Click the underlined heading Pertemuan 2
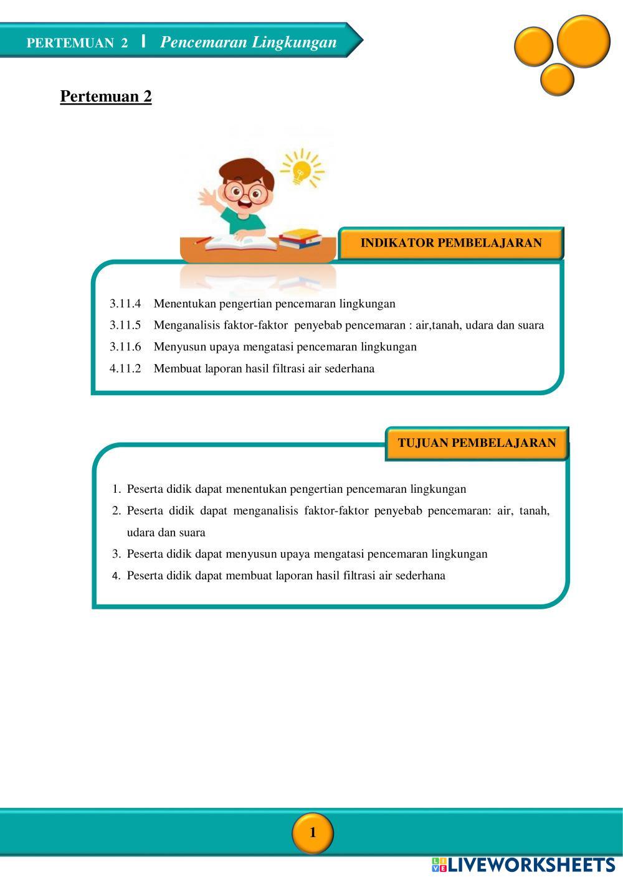click(x=106, y=96)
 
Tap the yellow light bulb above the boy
click(x=302, y=169)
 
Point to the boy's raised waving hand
click(x=207, y=199)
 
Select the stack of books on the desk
click(x=300, y=238)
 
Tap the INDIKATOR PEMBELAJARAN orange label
click(x=451, y=243)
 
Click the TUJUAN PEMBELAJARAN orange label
click(x=477, y=443)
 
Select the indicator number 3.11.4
click(x=125, y=304)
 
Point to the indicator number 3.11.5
click(x=125, y=325)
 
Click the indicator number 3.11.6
click(x=125, y=347)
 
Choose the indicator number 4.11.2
click(x=125, y=368)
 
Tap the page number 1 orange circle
click(x=313, y=833)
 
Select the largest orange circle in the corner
click(x=583, y=40)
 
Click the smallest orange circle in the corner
click(x=557, y=80)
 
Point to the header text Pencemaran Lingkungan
click(x=248, y=42)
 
